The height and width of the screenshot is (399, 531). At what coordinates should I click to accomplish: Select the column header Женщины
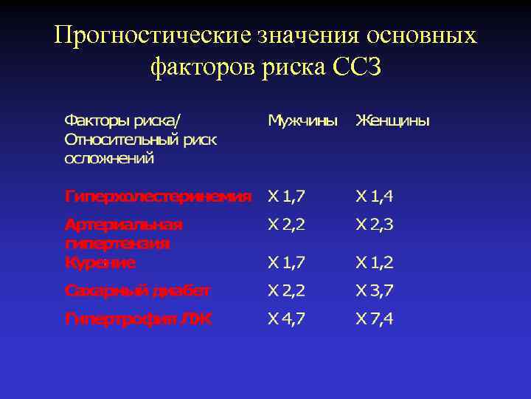(x=392, y=120)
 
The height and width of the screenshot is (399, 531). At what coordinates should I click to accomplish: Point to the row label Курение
(x=100, y=262)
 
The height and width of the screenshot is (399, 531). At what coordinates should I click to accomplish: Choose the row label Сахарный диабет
(x=137, y=290)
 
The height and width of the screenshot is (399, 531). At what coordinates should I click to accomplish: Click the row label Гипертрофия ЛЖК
(x=138, y=318)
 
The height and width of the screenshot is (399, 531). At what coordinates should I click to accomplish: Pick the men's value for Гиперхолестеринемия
(x=287, y=196)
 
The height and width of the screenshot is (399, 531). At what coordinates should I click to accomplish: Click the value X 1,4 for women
(x=375, y=196)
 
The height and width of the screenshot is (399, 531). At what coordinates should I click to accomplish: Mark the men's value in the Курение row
(x=287, y=262)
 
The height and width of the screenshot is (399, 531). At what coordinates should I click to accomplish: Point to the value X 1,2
(x=375, y=262)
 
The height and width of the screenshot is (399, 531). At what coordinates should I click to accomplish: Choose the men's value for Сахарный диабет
(x=287, y=290)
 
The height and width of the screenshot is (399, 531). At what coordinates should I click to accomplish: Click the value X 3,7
(x=375, y=290)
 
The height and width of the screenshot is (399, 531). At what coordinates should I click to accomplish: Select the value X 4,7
(x=287, y=318)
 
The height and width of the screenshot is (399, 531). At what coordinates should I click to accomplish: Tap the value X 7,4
(x=375, y=318)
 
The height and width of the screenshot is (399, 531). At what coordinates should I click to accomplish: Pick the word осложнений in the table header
(x=108, y=157)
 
